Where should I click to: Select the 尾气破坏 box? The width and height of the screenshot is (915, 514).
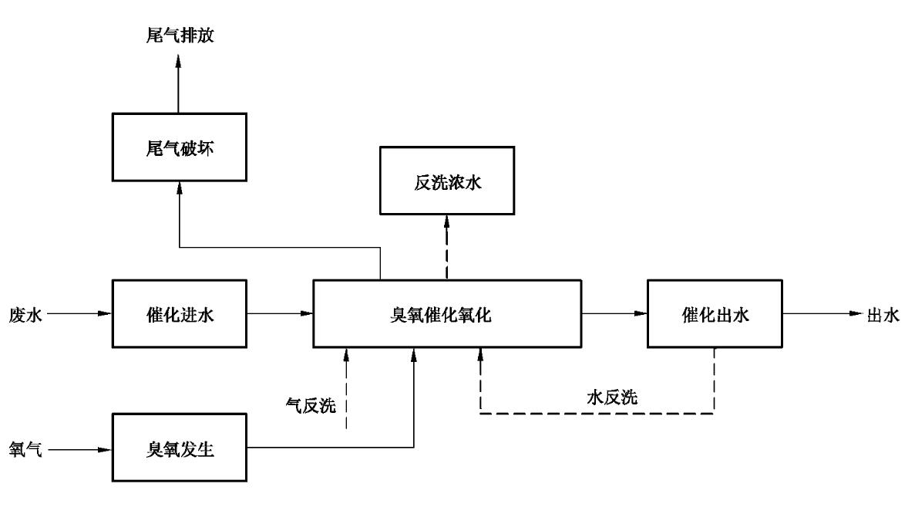click(x=178, y=148)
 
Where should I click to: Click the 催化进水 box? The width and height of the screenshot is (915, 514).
click(x=178, y=313)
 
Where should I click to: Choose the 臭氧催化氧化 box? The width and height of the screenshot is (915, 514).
click(x=446, y=313)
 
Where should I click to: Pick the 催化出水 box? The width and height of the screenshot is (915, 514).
click(x=714, y=313)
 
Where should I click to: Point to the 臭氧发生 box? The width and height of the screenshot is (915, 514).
click(x=178, y=448)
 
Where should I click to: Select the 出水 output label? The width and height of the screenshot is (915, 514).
click(x=883, y=314)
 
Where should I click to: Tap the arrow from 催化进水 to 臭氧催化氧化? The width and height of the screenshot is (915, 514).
click(x=280, y=313)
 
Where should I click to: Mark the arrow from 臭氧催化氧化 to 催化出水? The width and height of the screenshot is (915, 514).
click(x=614, y=313)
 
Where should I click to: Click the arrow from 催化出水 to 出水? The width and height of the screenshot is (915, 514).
click(x=820, y=313)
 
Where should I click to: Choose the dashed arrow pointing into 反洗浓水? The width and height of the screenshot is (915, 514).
click(x=446, y=247)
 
